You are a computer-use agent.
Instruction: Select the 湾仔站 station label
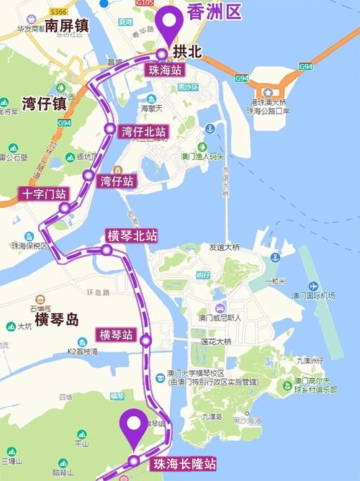[117, 180]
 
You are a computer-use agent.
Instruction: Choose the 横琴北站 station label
[132, 236]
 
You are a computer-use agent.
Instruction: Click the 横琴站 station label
[116, 335]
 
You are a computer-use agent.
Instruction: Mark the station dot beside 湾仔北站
[109, 129]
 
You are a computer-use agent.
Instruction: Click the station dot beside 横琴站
[145, 340]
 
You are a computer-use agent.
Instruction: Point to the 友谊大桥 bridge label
[223, 247]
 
